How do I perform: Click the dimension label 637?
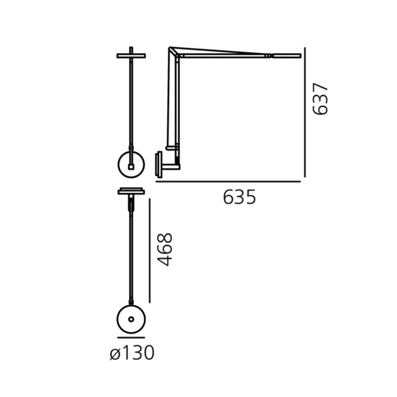click(320, 99)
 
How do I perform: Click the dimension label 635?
click(240, 197)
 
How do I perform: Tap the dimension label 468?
click(165, 249)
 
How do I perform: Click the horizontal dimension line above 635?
click(228, 182)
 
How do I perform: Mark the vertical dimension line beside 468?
click(150, 251)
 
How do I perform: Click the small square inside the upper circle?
click(131, 167)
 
